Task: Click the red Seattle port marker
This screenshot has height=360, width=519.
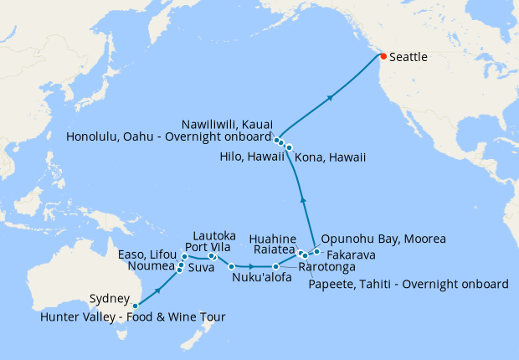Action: click(x=383, y=56)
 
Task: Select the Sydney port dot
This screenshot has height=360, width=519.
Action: click(x=136, y=306)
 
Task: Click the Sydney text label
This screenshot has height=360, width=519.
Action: click(x=110, y=299)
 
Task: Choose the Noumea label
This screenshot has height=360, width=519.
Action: click(x=152, y=266)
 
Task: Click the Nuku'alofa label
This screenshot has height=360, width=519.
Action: click(x=263, y=278)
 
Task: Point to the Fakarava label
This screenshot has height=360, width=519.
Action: click(x=350, y=254)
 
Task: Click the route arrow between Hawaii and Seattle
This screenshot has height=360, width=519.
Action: click(x=331, y=98)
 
